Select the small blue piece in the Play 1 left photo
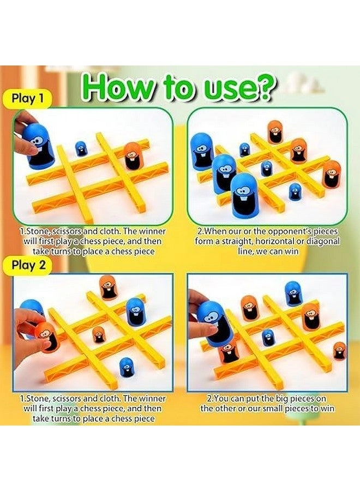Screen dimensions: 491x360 [x=81, y=148]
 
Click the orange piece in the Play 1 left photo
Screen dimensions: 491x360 [x=131, y=155]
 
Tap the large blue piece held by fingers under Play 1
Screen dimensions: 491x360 [x=41, y=146]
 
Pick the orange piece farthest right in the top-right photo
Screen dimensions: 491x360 [x=331, y=174]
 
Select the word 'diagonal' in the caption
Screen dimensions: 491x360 [x=322, y=241]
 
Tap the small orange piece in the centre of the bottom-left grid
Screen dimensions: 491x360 [x=99, y=334]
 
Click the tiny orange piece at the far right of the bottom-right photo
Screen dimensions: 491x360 [x=339, y=351]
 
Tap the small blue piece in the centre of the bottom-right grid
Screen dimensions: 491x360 [x=267, y=338]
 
